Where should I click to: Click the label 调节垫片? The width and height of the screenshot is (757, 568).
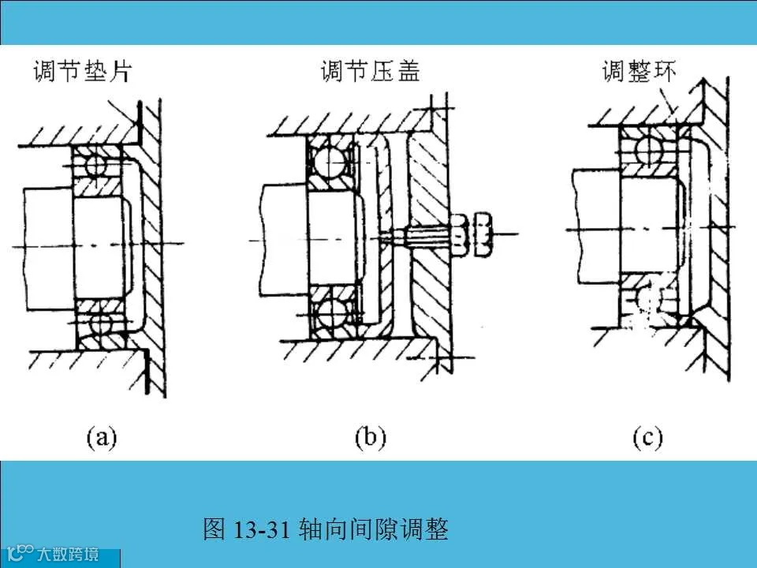click(82, 73)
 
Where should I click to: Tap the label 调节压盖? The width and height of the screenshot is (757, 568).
click(371, 73)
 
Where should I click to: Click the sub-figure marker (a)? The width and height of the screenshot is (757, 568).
click(102, 436)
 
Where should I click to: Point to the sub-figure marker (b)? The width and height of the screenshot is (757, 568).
click(371, 436)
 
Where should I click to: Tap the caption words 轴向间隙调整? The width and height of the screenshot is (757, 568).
click(374, 529)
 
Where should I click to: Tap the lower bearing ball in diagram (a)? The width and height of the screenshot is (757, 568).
click(99, 323)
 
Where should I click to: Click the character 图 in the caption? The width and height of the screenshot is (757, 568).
click(214, 529)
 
